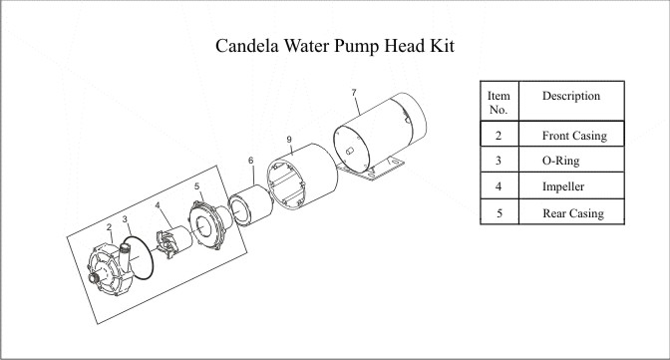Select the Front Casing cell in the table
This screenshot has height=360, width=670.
tap(571, 135)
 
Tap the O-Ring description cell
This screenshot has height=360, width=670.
tap(571, 160)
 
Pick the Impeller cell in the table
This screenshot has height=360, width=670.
tap(571, 185)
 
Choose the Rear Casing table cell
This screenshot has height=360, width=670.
tap(571, 212)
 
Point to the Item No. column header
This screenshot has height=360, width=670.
tap(500, 103)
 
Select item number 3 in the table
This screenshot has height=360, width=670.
tap(499, 161)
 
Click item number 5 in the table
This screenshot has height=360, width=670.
tap(500, 213)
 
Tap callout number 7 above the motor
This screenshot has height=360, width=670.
tap(354, 93)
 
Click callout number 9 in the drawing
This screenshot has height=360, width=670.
tap(289, 140)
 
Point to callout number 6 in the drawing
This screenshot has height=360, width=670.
tap(251, 161)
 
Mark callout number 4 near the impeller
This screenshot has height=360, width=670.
tap(158, 205)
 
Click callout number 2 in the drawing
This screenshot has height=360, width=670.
tap(110, 227)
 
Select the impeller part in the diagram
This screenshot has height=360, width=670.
tap(173, 241)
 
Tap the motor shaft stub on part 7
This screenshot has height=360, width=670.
tap(349, 151)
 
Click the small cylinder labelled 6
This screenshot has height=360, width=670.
tap(250, 206)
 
